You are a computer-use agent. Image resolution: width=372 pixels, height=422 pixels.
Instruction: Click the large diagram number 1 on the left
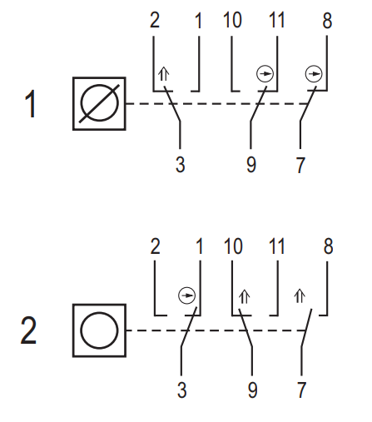tap(31, 104)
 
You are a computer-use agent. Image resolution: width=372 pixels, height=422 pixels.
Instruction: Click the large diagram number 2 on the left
tap(28, 330)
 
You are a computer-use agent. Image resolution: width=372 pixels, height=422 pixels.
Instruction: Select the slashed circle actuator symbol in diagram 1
tap(99, 103)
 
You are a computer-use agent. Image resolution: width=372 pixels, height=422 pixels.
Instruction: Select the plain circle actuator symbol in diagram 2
tap(99, 330)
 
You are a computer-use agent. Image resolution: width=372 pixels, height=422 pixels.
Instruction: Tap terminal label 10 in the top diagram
tap(232, 20)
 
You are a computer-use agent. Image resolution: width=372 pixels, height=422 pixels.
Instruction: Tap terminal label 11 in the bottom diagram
tap(276, 246)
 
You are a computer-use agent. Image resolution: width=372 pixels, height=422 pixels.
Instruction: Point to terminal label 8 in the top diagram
tap(327, 20)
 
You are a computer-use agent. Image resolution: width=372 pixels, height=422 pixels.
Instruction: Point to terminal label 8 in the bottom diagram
tap(328, 246)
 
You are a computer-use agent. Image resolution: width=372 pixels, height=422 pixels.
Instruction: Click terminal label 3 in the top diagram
tap(181, 165)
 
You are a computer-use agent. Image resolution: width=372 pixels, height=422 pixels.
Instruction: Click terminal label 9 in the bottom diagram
tap(252, 390)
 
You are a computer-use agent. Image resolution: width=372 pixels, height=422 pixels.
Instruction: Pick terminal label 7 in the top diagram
tap(300, 165)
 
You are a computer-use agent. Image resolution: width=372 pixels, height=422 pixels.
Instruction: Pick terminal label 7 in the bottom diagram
tap(301, 390)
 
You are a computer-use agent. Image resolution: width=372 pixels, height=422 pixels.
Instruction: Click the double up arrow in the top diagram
tap(164, 74)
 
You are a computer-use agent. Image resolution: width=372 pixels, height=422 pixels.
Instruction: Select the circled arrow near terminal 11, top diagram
tap(265, 74)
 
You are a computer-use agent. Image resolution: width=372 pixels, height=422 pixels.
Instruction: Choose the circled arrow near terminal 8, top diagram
tap(314, 74)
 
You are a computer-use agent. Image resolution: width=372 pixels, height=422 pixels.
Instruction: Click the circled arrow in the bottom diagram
tap(186, 295)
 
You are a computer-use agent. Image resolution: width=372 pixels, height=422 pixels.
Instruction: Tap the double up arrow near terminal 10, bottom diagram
tap(245, 296)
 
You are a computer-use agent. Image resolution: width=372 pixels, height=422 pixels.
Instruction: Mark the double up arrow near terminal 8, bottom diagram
tap(300, 296)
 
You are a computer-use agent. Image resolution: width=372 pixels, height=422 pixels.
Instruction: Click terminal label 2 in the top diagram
tap(155, 20)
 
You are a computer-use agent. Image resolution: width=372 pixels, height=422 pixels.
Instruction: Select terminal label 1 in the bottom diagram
tap(200, 246)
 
